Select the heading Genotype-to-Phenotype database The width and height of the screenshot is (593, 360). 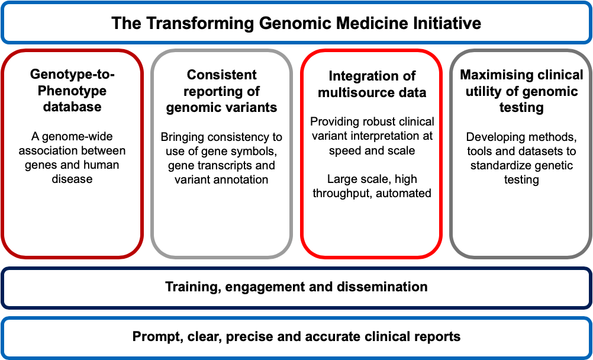72,91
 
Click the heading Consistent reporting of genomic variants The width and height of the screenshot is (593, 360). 221,91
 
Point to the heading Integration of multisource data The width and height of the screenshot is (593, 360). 372,83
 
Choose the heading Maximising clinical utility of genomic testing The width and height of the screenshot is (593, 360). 521,91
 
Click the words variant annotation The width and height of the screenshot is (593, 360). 221,179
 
